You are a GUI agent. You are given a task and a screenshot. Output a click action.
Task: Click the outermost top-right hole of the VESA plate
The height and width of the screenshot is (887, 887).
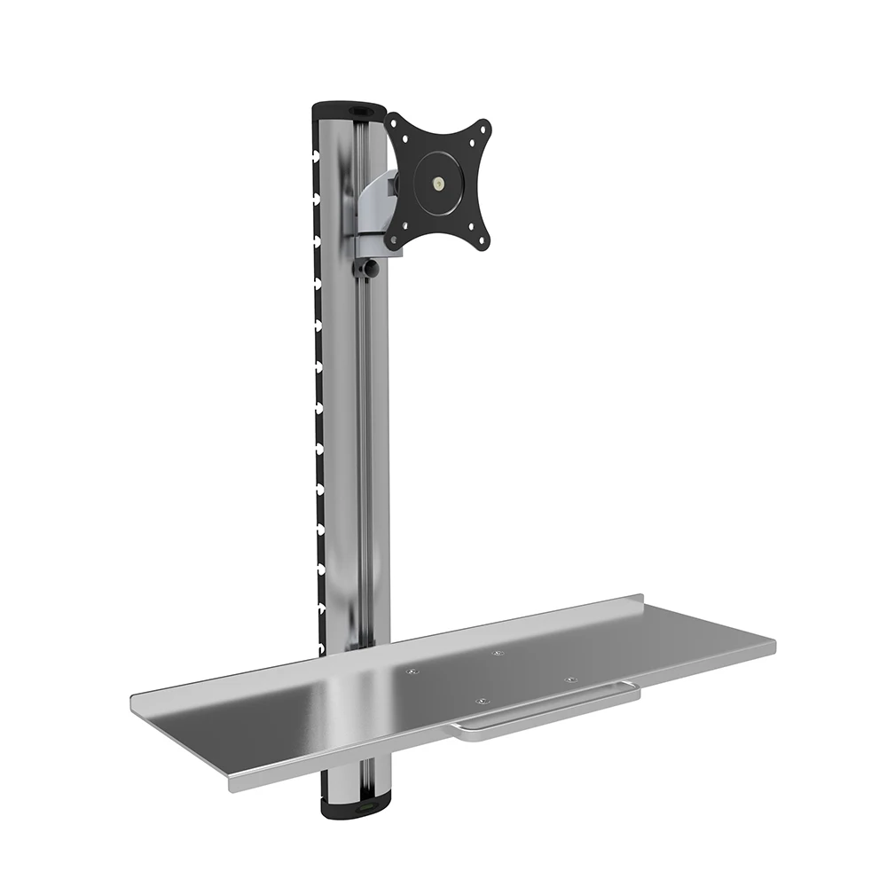pos(483,128)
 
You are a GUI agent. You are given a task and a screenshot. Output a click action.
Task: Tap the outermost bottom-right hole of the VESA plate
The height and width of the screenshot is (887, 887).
pos(483,240)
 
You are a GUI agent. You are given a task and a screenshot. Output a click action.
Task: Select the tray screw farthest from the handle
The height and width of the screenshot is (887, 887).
pos(496,655)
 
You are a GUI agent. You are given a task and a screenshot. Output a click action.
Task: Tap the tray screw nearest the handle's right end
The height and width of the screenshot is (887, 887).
pos(569,680)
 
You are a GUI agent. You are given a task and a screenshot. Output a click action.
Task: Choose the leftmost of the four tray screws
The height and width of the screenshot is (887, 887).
pos(411,671)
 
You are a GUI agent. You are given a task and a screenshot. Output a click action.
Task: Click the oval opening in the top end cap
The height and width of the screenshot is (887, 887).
pos(360,112)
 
